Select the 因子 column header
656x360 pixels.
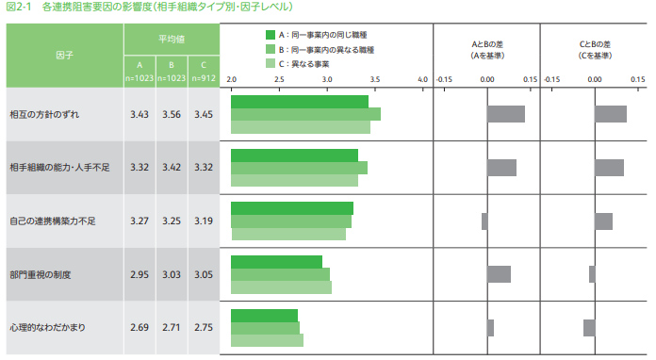(x=64, y=55)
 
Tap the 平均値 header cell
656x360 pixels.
(x=171, y=39)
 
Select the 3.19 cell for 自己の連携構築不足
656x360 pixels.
(x=202, y=221)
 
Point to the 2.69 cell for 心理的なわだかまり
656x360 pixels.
(x=139, y=327)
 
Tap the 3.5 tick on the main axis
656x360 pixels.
(x=375, y=80)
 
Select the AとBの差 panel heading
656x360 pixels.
(x=486, y=49)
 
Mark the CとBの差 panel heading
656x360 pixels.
(x=594, y=49)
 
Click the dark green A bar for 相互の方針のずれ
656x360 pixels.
(x=299, y=101)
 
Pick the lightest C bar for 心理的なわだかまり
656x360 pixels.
(x=267, y=340)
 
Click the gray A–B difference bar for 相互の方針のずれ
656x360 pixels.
(x=505, y=114)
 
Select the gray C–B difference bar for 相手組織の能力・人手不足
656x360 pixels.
(x=609, y=168)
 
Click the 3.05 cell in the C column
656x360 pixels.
(x=202, y=274)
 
